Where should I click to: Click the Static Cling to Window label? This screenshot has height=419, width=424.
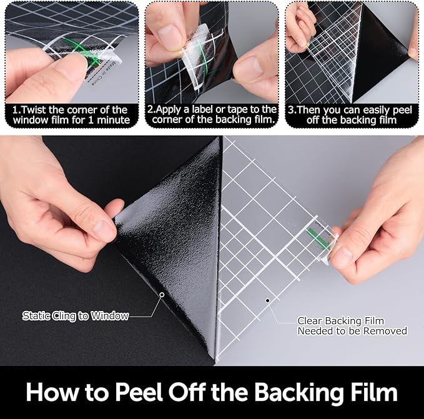(76, 316)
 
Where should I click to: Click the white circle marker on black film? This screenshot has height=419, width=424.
(162, 294)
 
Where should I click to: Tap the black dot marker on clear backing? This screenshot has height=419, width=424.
(267, 300)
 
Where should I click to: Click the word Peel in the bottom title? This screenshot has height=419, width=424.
(139, 392)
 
